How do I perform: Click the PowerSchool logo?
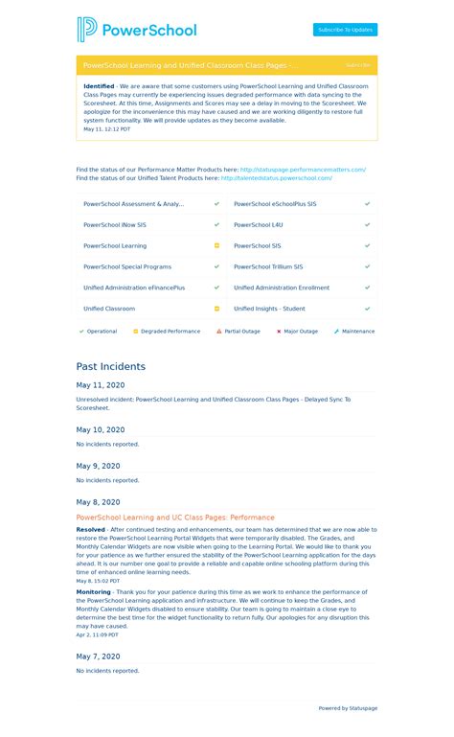137,30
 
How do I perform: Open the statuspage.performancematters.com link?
303,170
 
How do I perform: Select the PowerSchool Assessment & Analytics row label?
133,204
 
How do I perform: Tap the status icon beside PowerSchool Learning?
216,246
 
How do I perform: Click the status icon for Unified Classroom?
216,309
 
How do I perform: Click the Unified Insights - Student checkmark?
367,309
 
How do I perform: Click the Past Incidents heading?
111,366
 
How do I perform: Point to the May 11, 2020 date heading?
101,385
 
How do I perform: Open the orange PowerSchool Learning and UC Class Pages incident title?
175,518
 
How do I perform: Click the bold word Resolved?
91,529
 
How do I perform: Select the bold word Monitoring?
94,592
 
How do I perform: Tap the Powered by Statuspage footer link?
348,708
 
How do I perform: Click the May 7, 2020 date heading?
99,656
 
